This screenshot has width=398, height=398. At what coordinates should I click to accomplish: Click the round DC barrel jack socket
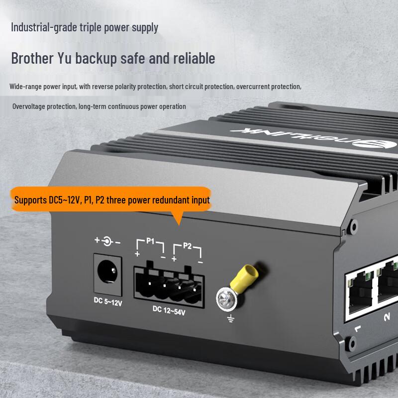pos(107,273)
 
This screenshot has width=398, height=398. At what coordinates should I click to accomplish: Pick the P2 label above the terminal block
pos(187,245)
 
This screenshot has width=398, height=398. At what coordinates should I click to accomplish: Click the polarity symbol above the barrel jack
pos(107,241)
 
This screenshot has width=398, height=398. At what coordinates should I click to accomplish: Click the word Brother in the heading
pos(32,58)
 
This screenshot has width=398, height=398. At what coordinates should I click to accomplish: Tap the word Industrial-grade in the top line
pos(44,27)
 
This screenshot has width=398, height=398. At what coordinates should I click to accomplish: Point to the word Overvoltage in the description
pos(30,106)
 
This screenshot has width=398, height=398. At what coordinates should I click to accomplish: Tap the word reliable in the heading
pos(194,58)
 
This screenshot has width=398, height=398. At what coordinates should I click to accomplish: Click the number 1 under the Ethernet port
pos(357,328)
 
